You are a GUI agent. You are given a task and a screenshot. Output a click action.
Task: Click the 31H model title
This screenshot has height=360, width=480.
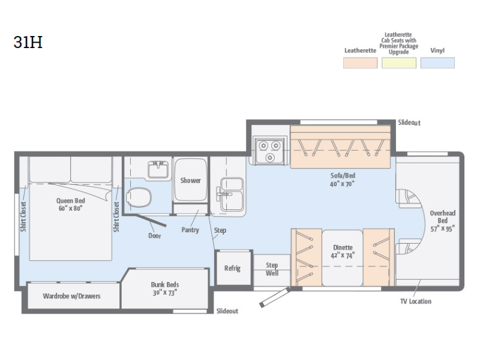coord(28,42)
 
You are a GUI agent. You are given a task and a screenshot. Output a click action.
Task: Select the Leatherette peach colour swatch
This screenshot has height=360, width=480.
coord(360,63)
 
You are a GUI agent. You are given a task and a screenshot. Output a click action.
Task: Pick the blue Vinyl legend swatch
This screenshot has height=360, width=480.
coord(437,63)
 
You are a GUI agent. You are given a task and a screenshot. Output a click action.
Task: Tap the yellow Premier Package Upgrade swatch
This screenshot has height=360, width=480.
coord(399,63)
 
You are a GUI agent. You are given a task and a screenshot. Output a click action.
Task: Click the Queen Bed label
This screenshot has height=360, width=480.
coord(70,204)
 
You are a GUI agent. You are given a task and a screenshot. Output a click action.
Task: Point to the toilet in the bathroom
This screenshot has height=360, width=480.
coord(139,197)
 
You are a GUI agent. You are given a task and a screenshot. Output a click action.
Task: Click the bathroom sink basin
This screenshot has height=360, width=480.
coord(158,170)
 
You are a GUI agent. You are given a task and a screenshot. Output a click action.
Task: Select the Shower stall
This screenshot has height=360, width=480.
coord(190,179)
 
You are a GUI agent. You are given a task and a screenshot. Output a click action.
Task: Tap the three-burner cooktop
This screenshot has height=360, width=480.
coord(269,151)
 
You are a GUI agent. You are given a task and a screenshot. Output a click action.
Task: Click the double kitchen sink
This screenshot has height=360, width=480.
coord(232,194)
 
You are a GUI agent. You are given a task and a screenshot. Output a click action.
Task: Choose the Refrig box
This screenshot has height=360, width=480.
coord(233,268)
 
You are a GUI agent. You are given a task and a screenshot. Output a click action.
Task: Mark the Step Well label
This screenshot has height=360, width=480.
coord(272,269)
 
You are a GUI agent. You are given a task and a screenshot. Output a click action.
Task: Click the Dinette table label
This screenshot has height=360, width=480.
coord(343,251)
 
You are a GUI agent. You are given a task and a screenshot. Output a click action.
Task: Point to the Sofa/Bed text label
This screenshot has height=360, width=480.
coord(343,179)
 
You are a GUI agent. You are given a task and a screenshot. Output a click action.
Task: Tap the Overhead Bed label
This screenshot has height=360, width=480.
coord(442,221)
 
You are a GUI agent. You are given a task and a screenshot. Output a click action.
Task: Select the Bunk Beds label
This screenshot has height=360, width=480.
coord(164,289)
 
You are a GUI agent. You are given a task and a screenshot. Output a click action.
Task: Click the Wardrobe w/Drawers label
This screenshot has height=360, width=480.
coord(71,296)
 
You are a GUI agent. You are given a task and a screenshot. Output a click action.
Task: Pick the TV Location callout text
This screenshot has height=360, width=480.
coord(416,301)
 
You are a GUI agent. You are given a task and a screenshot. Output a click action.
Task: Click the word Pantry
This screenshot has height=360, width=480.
coord(190,230)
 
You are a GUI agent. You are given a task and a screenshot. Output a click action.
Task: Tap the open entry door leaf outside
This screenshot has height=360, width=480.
coord(275,297)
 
